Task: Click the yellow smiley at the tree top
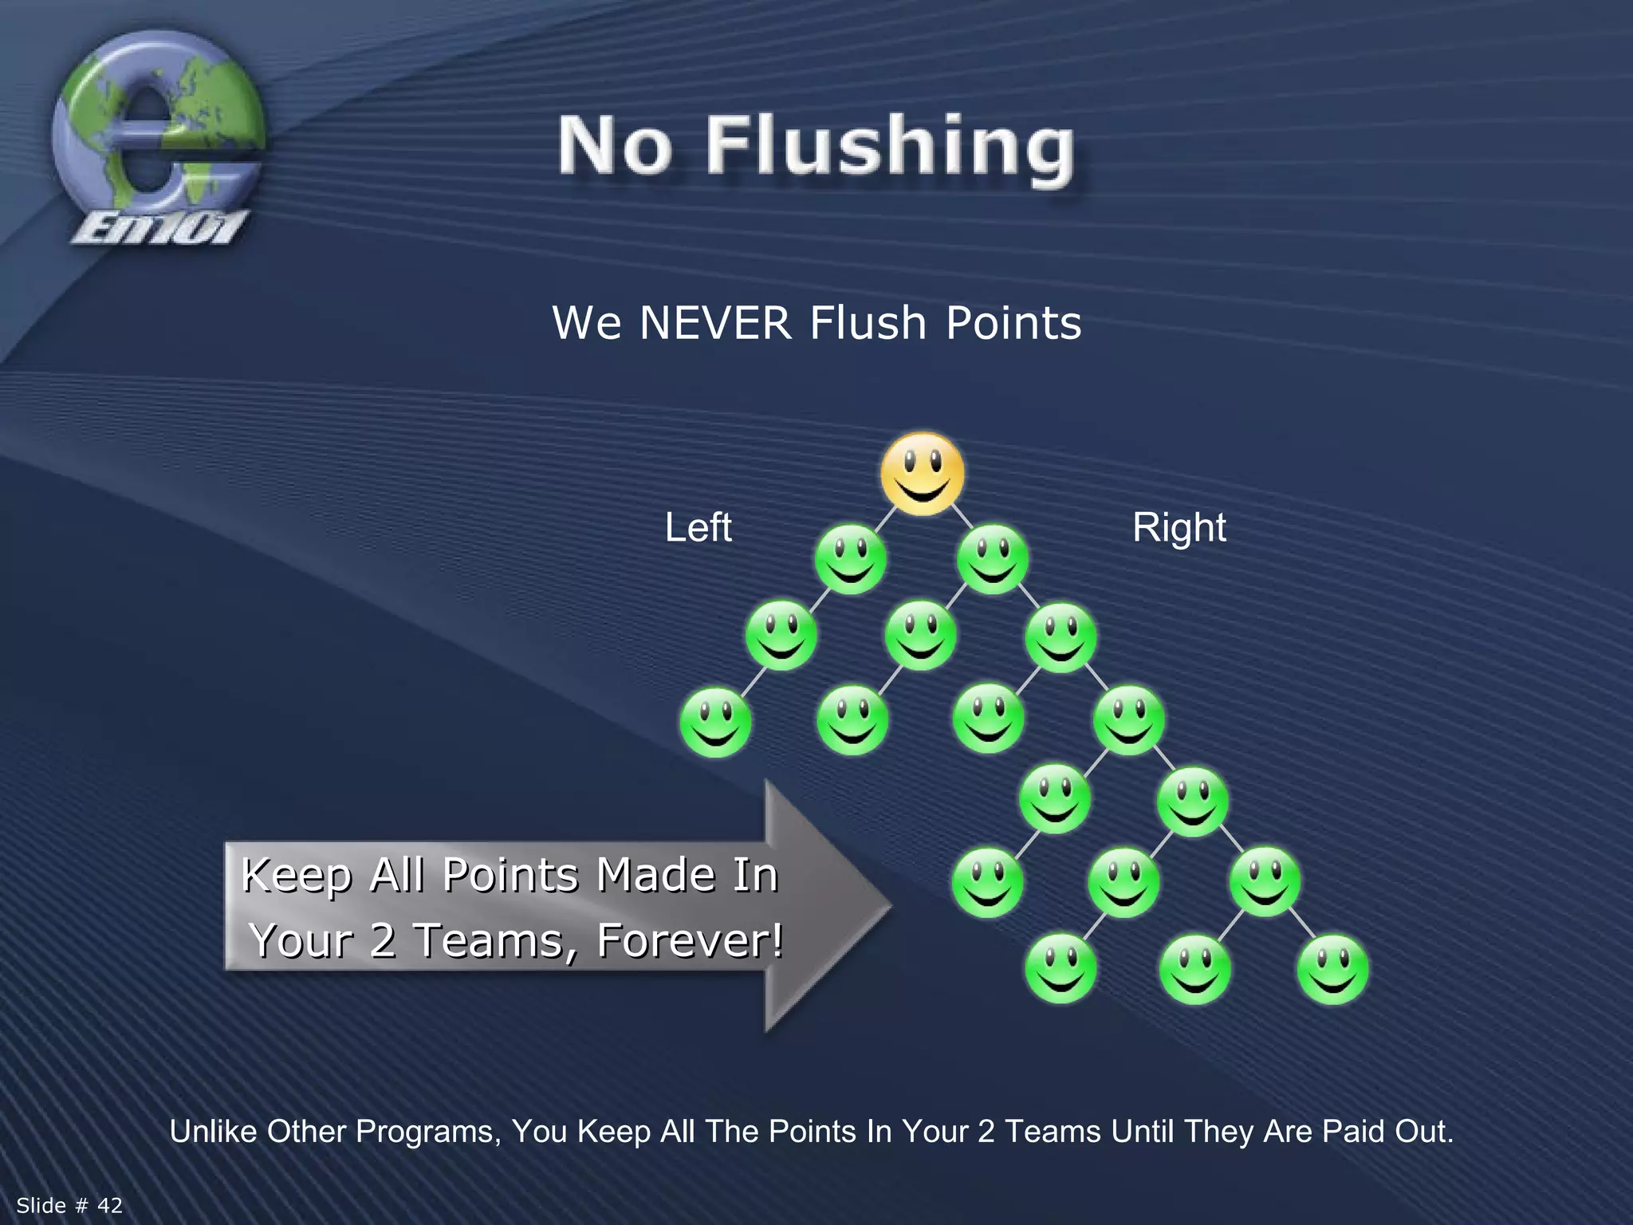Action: [923, 473]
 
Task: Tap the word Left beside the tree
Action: [698, 528]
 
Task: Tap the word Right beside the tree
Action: [1179, 528]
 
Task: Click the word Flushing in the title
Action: [890, 147]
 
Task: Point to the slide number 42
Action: [110, 1205]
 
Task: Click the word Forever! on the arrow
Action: [690, 940]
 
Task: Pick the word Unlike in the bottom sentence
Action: [213, 1132]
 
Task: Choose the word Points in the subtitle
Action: [1013, 323]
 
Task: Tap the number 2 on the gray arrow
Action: [383, 940]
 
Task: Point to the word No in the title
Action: [614, 147]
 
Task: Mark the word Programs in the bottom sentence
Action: [428, 1132]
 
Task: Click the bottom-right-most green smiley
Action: [1332, 969]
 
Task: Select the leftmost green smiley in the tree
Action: [715, 722]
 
